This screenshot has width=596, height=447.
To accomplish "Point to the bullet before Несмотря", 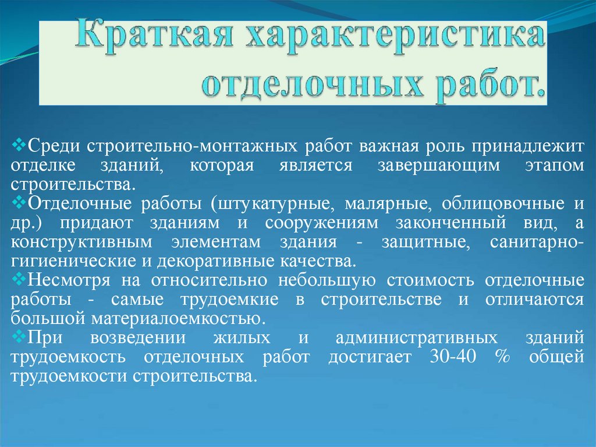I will coord(17,278).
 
